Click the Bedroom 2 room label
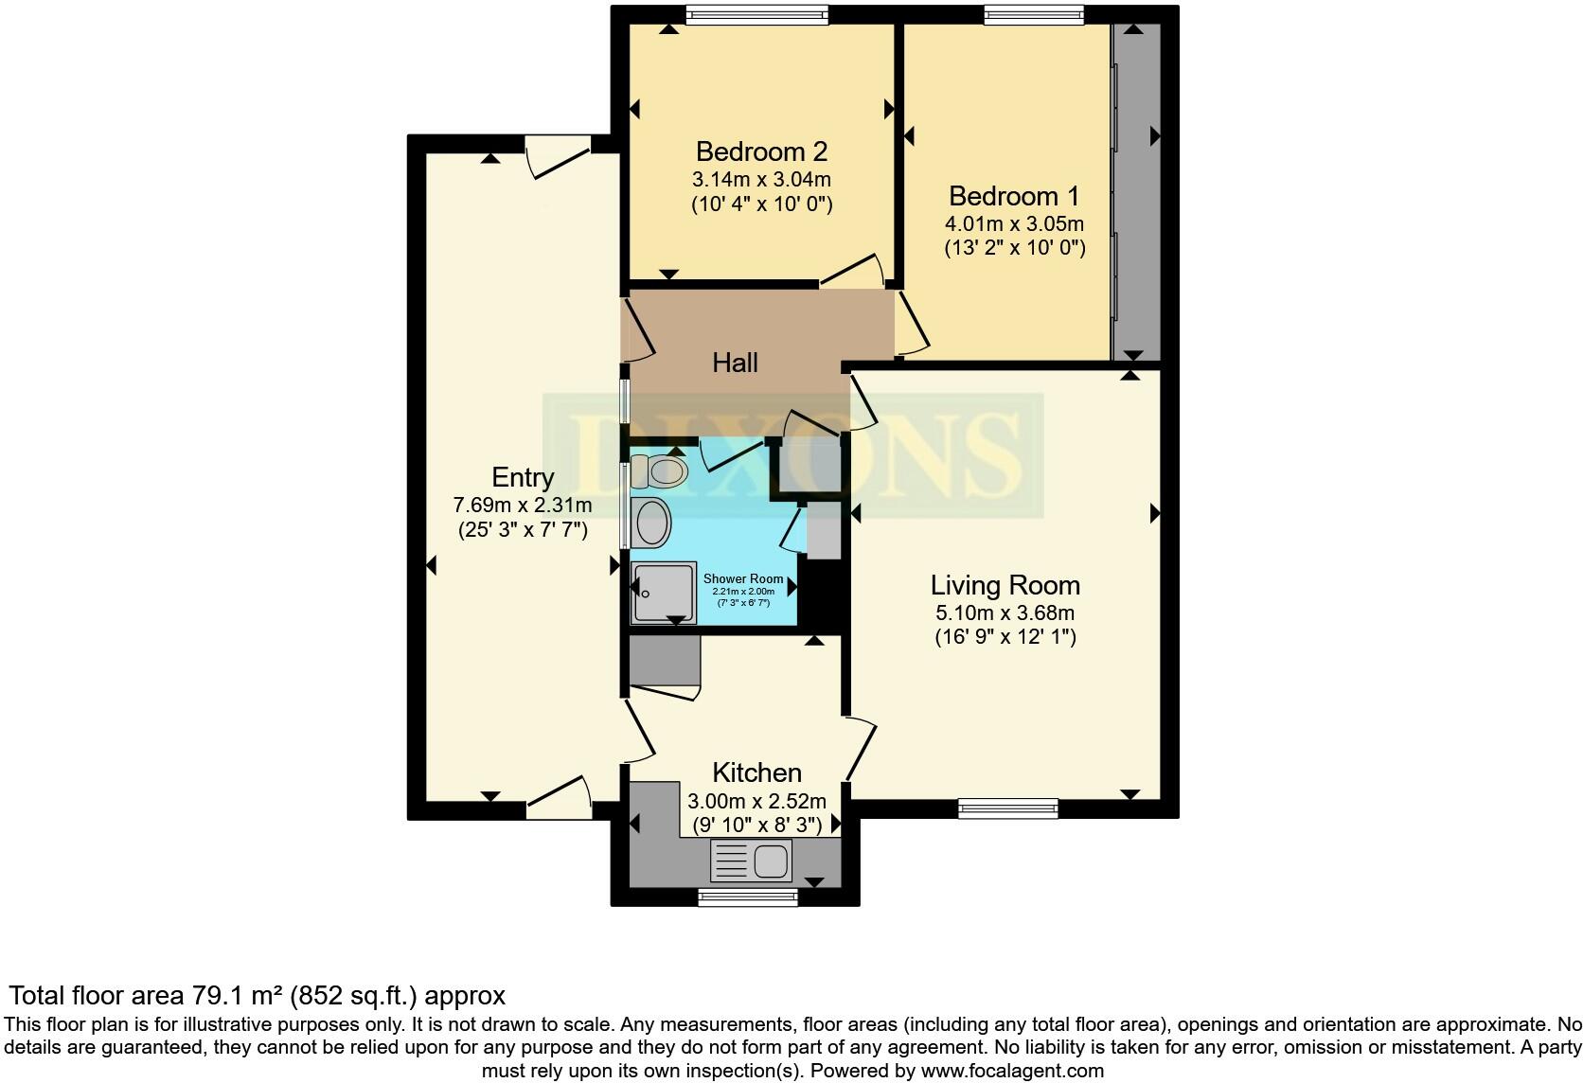click(x=761, y=151)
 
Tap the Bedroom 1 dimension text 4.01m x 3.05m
click(x=1013, y=224)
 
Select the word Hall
click(x=735, y=363)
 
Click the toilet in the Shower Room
click(x=660, y=470)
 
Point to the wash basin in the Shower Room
click(x=650, y=522)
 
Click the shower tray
click(x=664, y=593)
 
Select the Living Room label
click(x=1005, y=585)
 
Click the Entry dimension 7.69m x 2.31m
click(x=523, y=505)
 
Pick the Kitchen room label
click(x=756, y=772)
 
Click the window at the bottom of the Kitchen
click(x=748, y=896)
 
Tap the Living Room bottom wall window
click(x=1007, y=808)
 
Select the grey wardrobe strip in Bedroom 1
click(x=1136, y=189)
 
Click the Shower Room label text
click(x=743, y=578)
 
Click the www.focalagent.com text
click(x=1012, y=1071)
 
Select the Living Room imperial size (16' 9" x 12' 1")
click(x=1005, y=637)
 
